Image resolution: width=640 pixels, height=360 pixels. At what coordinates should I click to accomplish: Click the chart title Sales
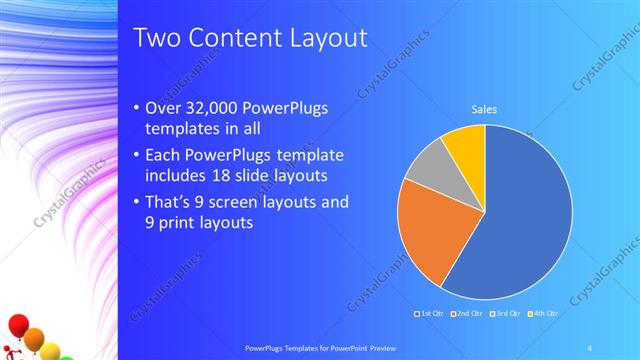click(x=484, y=110)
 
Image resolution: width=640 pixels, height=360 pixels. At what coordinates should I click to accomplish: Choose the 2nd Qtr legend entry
click(x=468, y=313)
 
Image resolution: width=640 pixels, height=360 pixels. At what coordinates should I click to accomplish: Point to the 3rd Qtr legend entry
click(x=504, y=313)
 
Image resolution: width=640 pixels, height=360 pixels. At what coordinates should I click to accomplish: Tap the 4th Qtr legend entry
click(x=540, y=313)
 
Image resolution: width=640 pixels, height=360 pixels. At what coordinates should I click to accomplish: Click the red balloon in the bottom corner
click(x=17, y=324)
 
